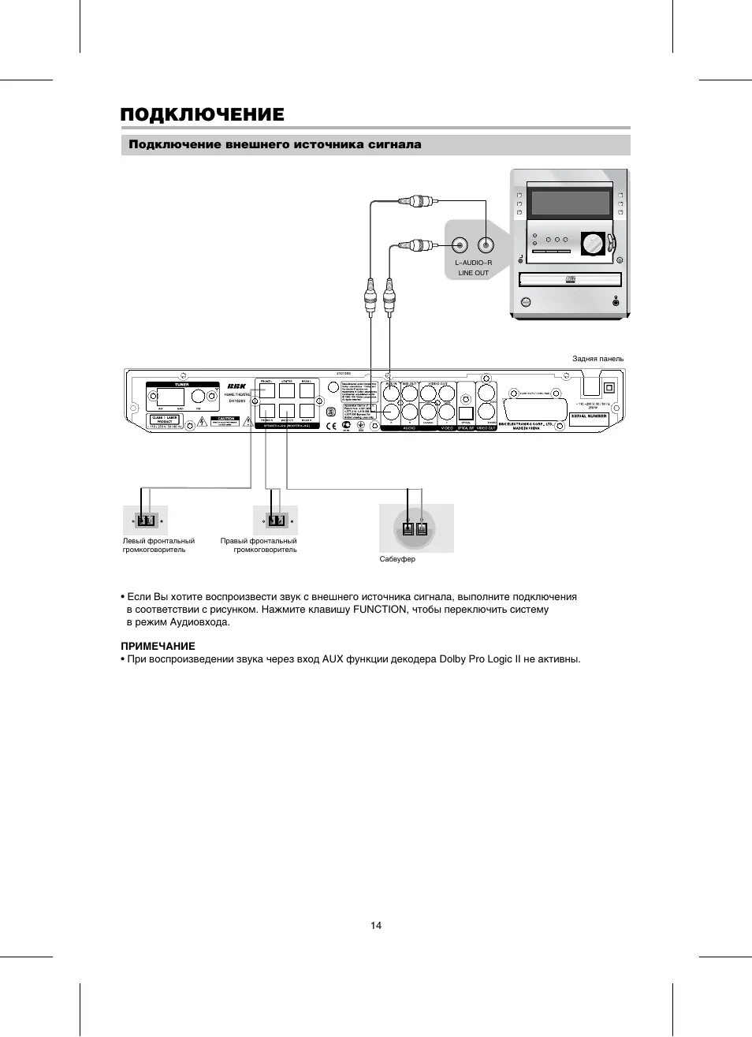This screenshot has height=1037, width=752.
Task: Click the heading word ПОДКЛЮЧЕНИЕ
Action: click(x=202, y=115)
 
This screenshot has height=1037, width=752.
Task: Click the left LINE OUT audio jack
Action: click(x=460, y=245)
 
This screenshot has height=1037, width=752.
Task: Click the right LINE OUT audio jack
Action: click(x=486, y=245)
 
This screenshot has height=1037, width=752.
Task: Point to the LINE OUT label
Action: click(x=473, y=273)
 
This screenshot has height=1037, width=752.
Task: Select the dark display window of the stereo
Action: click(x=571, y=203)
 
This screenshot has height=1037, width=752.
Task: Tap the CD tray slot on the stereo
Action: click(x=570, y=279)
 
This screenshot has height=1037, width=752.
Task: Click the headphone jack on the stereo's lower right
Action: click(x=616, y=302)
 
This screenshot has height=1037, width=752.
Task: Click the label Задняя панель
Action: click(x=598, y=359)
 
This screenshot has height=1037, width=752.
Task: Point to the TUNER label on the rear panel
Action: click(x=182, y=385)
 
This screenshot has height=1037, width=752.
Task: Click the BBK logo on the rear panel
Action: click(x=236, y=386)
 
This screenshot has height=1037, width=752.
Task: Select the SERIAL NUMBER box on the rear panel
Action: click(x=589, y=416)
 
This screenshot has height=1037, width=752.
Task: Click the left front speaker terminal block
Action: click(x=146, y=520)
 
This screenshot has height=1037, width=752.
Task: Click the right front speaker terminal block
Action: click(x=275, y=520)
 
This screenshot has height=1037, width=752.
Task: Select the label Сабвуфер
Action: click(x=397, y=559)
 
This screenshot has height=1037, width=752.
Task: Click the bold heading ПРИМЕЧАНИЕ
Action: click(x=158, y=646)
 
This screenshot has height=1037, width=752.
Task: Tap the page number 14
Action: click(x=376, y=925)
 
